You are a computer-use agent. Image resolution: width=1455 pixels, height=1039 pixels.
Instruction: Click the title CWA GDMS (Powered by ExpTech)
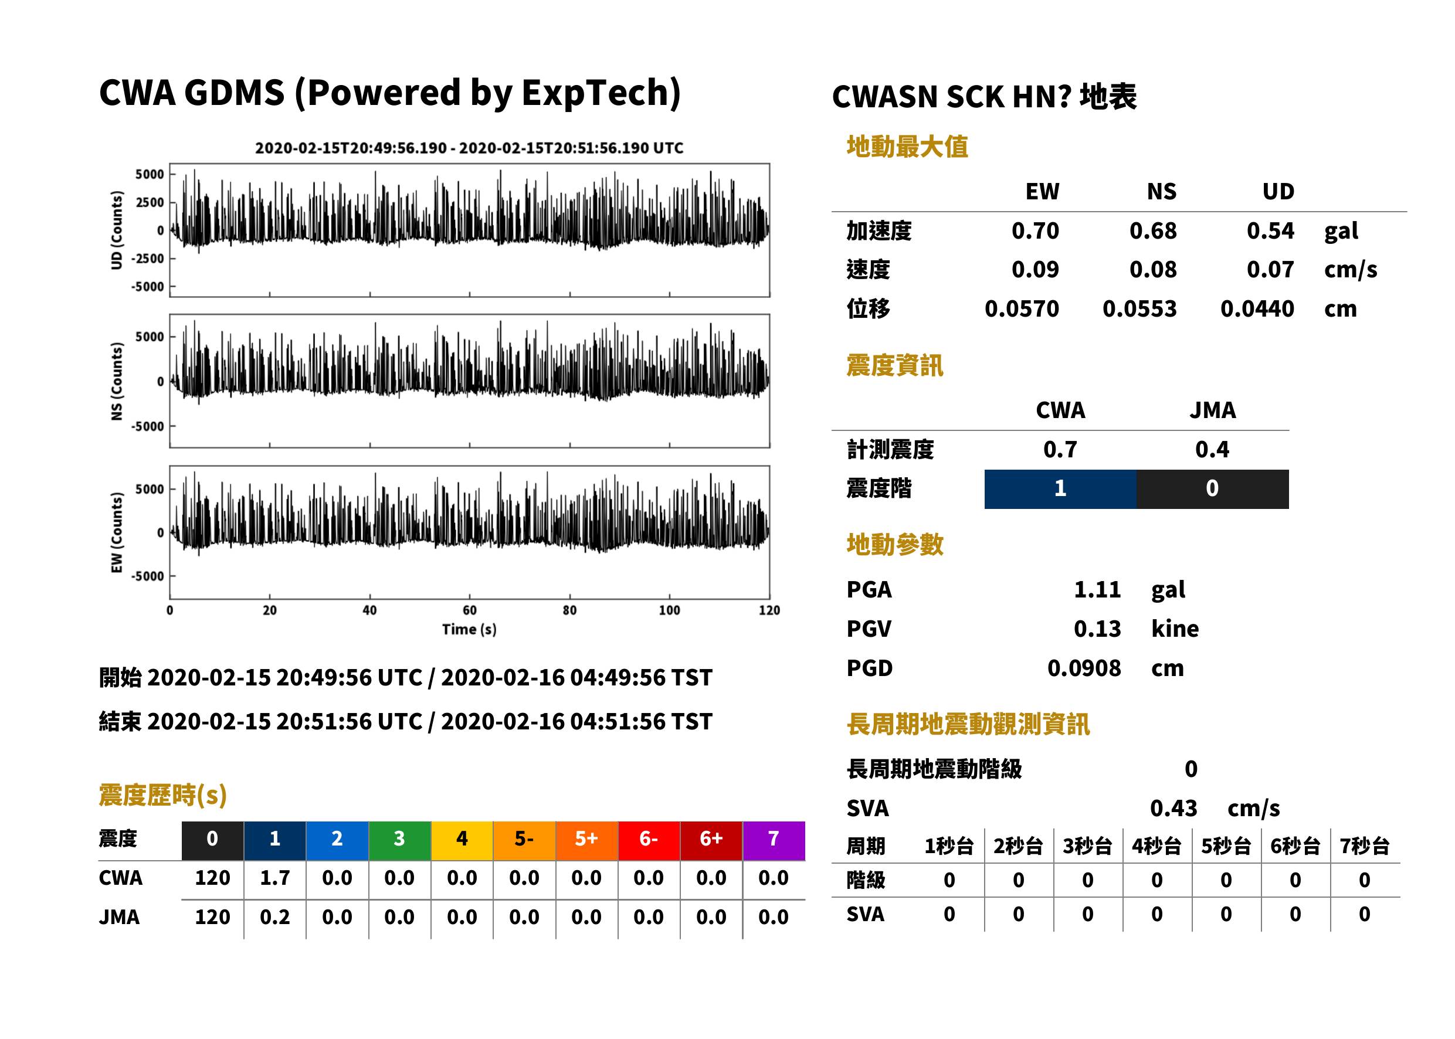point(389,93)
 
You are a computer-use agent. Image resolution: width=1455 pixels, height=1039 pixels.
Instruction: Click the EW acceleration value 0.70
point(1035,230)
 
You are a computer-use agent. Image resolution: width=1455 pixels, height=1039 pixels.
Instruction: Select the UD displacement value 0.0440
point(1257,308)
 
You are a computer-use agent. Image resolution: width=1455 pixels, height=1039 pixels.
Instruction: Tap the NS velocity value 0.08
point(1152,269)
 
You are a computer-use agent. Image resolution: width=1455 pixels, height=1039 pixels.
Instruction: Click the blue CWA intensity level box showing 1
point(1060,489)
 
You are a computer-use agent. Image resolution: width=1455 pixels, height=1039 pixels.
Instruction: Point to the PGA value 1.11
point(1097,589)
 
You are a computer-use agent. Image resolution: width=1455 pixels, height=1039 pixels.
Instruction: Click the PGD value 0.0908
point(1084,668)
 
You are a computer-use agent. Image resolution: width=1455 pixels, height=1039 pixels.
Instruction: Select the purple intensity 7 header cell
point(774,840)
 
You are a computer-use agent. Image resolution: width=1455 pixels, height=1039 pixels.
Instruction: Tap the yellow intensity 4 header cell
point(462,840)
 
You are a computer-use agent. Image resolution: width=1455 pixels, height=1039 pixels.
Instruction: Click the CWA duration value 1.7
point(274,878)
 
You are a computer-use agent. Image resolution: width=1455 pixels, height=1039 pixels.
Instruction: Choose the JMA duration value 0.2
point(274,917)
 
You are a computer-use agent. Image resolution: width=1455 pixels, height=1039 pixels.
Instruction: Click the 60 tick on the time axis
point(470,610)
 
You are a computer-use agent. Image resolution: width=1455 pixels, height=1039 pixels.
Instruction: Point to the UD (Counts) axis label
point(117,230)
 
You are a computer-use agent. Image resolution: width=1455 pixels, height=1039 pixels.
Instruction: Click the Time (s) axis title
point(469,630)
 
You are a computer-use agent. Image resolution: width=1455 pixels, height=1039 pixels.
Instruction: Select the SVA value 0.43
point(1173,808)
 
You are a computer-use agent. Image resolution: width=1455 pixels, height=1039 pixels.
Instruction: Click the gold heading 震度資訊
point(894,366)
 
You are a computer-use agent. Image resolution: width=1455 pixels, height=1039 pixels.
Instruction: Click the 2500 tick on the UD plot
point(150,202)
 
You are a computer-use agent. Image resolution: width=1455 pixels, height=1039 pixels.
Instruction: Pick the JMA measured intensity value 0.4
point(1212,449)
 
